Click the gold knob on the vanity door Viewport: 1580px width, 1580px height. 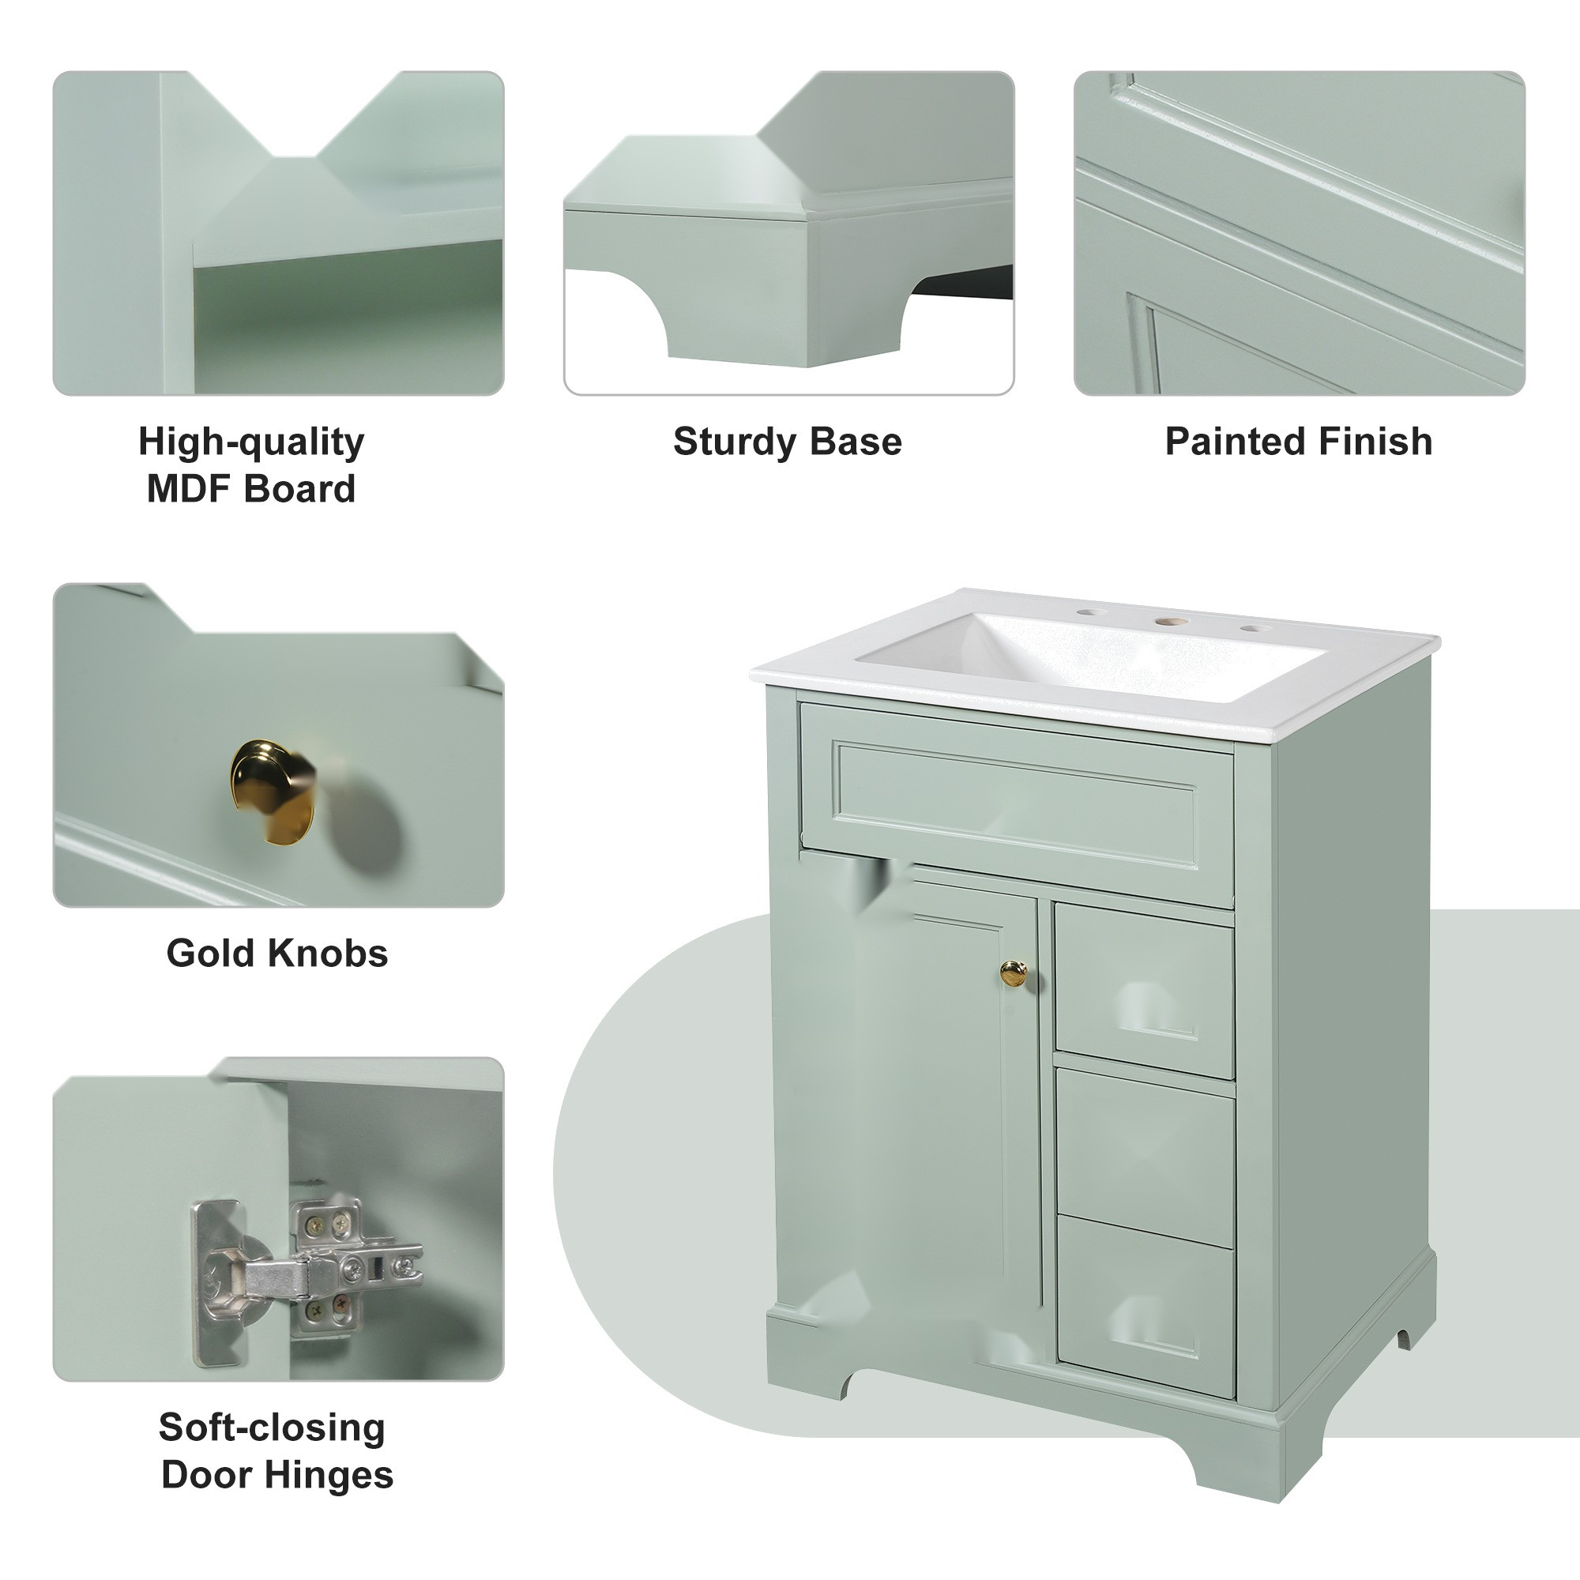(x=1014, y=972)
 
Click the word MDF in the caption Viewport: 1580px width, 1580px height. (x=187, y=489)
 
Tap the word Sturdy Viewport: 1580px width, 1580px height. (x=732, y=442)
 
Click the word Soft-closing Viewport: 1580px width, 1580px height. (x=272, y=1450)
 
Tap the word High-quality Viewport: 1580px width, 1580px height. (x=251, y=442)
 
